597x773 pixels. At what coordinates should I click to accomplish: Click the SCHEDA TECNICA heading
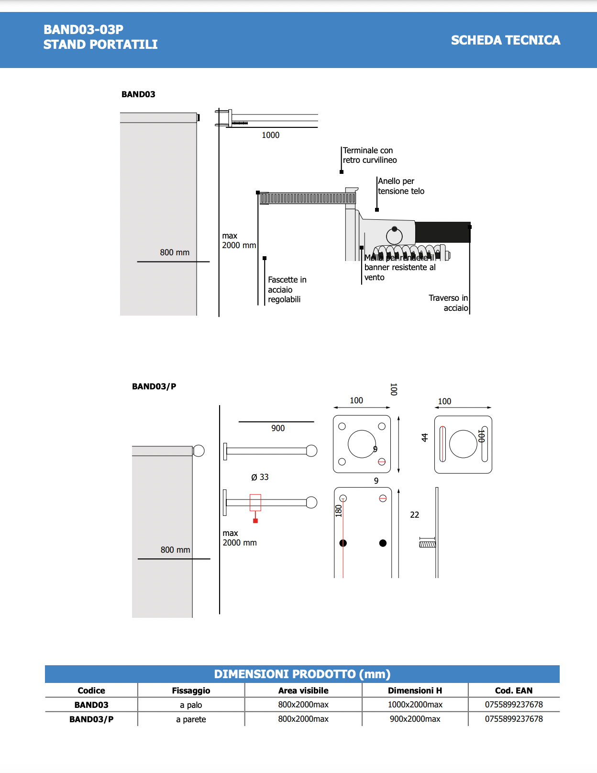click(x=505, y=40)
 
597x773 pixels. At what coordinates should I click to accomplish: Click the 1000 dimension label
click(x=270, y=135)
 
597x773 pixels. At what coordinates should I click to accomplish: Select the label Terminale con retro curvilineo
click(x=369, y=155)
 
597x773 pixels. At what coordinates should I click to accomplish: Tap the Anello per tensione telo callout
click(x=401, y=186)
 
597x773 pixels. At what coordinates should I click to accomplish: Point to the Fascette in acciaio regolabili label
click(x=287, y=289)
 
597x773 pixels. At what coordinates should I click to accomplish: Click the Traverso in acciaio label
click(x=448, y=303)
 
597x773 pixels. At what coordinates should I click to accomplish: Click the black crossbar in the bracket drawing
click(x=442, y=232)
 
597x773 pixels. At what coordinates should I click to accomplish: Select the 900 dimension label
click(x=277, y=428)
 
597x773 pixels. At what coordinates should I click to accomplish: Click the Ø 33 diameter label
click(x=260, y=477)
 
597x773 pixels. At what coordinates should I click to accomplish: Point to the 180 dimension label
click(x=339, y=511)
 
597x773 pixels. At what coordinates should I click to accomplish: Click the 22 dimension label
click(x=414, y=515)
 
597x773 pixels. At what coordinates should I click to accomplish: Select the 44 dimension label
click(x=424, y=437)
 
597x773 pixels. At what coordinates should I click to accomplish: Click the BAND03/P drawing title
click(x=154, y=386)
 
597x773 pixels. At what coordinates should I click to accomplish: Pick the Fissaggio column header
click(x=191, y=691)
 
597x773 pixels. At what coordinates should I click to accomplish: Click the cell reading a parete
click(x=191, y=719)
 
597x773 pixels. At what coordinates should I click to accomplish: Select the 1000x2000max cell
click(x=415, y=705)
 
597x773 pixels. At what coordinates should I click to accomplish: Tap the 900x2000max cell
click(x=415, y=719)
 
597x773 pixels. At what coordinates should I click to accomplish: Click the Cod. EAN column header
click(x=513, y=691)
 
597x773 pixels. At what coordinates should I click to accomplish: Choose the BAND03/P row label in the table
click(x=91, y=719)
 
